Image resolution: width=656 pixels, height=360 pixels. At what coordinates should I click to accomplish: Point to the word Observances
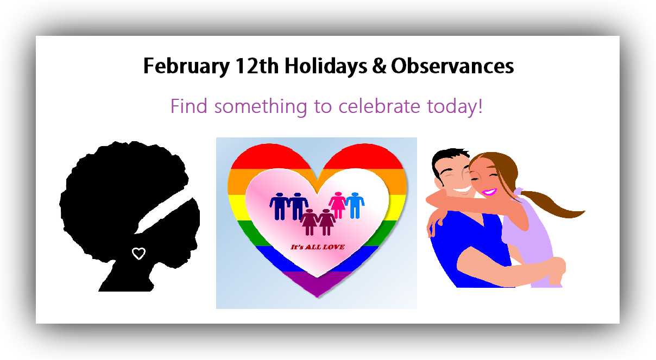click(452, 67)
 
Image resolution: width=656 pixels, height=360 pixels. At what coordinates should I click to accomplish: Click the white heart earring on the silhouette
click(139, 253)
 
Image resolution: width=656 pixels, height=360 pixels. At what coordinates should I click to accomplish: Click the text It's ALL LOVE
click(318, 247)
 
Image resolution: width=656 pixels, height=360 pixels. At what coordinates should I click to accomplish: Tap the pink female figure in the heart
click(338, 205)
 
